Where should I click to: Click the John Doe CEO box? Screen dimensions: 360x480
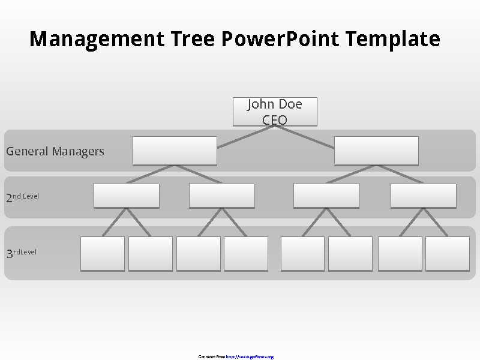pos(275,112)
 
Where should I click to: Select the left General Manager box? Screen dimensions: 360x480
pos(175,151)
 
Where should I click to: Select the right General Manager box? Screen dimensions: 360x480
pos(376,151)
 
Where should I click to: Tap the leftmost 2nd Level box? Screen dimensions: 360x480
pos(127,196)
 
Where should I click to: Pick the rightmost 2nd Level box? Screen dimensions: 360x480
pos(423,196)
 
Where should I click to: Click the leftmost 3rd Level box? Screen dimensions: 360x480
pos(103,253)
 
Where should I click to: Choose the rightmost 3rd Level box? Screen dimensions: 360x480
pos(448,253)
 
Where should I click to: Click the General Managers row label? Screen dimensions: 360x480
pos(55,151)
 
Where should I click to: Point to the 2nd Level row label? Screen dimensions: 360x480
pos(23,197)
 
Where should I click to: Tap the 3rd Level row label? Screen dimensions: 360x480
pos(22,253)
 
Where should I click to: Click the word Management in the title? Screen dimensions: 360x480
pos(97,39)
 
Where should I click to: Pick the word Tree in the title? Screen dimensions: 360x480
pos(193,39)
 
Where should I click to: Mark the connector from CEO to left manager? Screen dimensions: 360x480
pos(246,137)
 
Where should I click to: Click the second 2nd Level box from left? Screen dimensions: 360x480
pos(221,196)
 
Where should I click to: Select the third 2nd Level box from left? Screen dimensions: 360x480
pos(326,196)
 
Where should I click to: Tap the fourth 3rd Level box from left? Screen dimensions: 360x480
pos(246,253)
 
